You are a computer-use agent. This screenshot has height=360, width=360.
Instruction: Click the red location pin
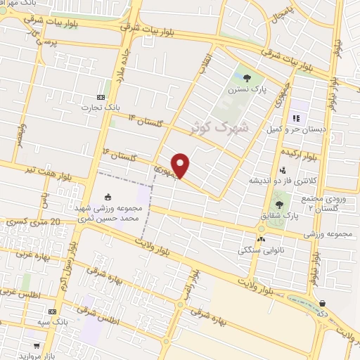point(181,165)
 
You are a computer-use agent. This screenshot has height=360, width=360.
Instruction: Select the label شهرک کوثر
point(219,127)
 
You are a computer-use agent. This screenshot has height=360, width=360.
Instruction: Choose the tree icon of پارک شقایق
point(279,205)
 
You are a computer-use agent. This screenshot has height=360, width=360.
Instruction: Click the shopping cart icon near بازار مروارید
point(36,345)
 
